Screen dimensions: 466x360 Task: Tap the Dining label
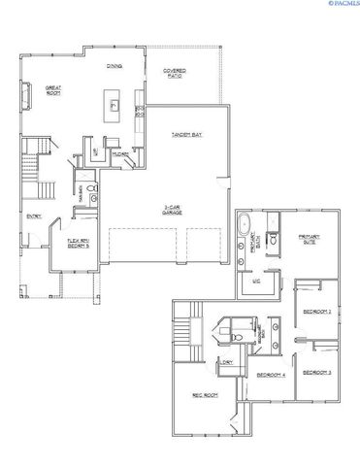(114, 67)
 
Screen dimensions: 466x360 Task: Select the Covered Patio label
(175, 73)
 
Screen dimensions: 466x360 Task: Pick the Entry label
(34, 216)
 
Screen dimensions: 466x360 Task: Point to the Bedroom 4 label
(271, 376)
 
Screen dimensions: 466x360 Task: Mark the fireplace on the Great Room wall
(23, 94)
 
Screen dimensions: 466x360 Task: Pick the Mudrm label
(121, 153)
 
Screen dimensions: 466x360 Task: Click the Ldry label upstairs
(227, 362)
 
